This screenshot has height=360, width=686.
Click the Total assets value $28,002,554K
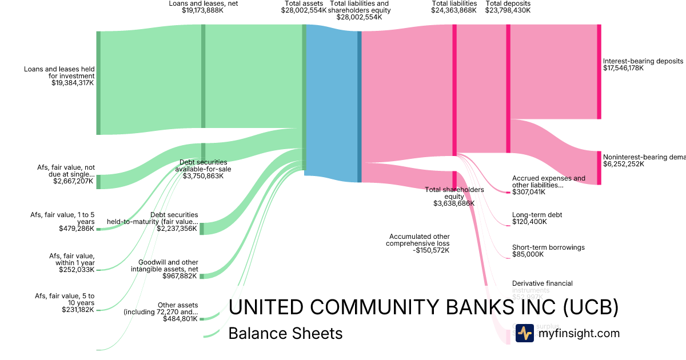pyautogui.click(x=304, y=10)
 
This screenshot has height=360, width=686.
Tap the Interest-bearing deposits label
pyautogui.click(x=643, y=61)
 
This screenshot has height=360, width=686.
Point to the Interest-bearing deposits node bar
pyautogui.click(x=599, y=71)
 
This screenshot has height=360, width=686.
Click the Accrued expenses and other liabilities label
pyautogui.click(x=548, y=182)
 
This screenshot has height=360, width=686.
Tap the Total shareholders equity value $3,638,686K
pyautogui.click(x=454, y=203)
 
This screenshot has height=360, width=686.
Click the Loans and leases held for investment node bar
pyautogui.click(x=98, y=83)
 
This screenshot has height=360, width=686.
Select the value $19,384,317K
pyautogui.click(x=73, y=83)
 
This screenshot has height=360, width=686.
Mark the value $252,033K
pyautogui.click(x=77, y=270)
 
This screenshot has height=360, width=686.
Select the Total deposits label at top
pyautogui.click(x=508, y=3)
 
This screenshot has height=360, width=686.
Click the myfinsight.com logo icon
pyautogui.click(x=525, y=333)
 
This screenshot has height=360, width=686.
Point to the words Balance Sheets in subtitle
pyautogui.click(x=285, y=333)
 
